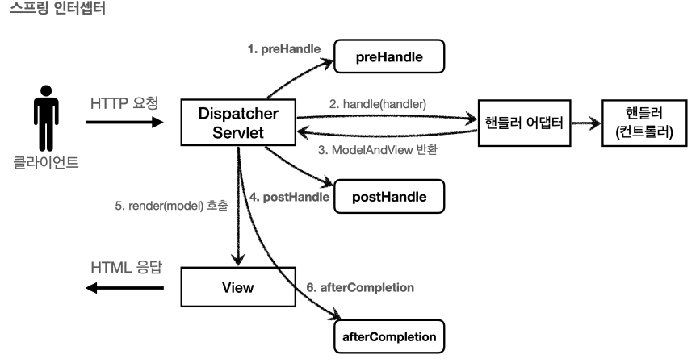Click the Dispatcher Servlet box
click(238, 123)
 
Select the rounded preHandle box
click(389, 56)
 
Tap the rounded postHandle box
click(389, 197)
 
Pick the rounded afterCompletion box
click(389, 336)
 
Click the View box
click(238, 287)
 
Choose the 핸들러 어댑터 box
click(524, 123)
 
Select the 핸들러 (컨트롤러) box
click(644, 123)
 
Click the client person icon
click(46, 118)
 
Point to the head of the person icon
click(46, 90)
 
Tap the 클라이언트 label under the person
click(46, 162)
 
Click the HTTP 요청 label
click(124, 103)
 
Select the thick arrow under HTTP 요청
click(124, 122)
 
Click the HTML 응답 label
click(126, 268)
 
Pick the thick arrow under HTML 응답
click(124, 288)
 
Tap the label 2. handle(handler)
click(378, 104)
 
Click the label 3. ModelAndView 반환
click(378, 150)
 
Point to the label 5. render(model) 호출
click(171, 206)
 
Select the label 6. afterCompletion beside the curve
click(360, 288)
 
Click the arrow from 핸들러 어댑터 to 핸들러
click(586, 123)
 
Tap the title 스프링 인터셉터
click(57, 8)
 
